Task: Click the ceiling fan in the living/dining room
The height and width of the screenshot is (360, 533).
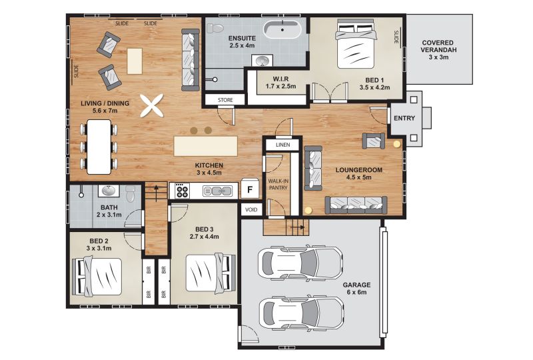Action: tap(152, 106)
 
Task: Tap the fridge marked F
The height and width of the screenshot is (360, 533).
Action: tap(250, 189)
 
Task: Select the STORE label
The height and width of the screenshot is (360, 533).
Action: tap(225, 100)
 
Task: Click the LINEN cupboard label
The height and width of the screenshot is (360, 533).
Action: tap(282, 145)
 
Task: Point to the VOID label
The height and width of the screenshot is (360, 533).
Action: tap(251, 209)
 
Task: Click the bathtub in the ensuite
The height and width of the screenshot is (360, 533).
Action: tap(282, 29)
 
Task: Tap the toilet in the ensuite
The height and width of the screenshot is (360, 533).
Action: tap(215, 28)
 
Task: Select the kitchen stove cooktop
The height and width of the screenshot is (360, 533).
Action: tap(182, 191)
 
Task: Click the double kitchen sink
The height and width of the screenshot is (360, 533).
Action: tap(217, 191)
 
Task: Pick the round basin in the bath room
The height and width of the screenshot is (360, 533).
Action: tap(109, 191)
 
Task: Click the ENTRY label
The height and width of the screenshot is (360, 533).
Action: tap(404, 118)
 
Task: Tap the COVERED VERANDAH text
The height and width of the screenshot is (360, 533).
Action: tap(438, 46)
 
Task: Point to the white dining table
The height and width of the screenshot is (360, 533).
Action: tap(99, 147)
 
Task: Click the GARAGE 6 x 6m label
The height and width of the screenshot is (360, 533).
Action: tap(356, 288)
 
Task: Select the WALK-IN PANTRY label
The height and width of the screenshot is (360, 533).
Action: tap(278, 185)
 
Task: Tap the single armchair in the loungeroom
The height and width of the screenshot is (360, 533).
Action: tap(374, 141)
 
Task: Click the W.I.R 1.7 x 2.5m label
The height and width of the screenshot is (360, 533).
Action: tap(280, 83)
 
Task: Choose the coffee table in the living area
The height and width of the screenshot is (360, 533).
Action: tap(135, 61)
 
